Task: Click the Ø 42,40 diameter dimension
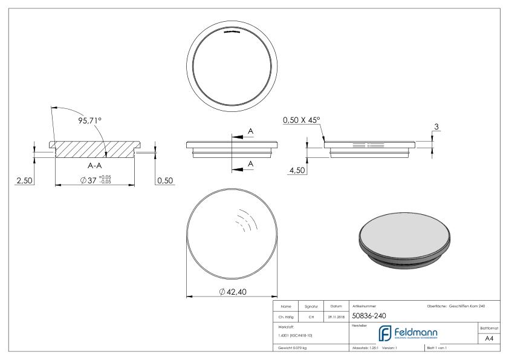[x=233, y=292]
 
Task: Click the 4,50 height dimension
[x=297, y=171]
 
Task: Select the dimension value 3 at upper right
[x=437, y=126]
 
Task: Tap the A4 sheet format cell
[x=490, y=339]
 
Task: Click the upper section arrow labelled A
[x=244, y=137]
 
